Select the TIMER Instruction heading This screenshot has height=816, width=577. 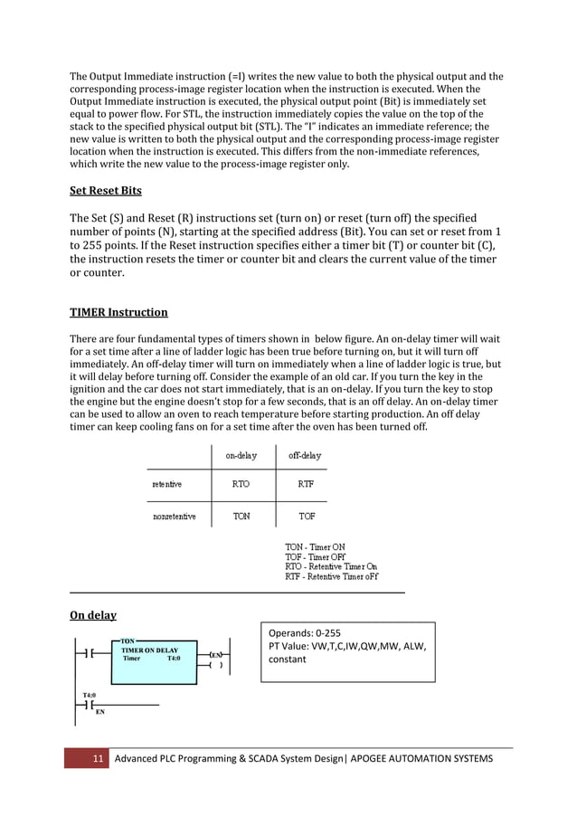click(118, 312)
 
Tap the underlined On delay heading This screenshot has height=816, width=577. click(93, 615)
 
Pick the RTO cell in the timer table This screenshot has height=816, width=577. click(241, 484)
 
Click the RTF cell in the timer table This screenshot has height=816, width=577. click(306, 484)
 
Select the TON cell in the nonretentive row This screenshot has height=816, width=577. click(241, 517)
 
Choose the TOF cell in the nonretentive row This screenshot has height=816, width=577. click(306, 517)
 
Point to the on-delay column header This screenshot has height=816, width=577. click(241, 456)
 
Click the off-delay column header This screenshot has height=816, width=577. click(305, 456)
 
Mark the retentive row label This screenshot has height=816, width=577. click(166, 484)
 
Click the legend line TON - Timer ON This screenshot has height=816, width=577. click(315, 547)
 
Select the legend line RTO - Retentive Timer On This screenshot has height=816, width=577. click(331, 566)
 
